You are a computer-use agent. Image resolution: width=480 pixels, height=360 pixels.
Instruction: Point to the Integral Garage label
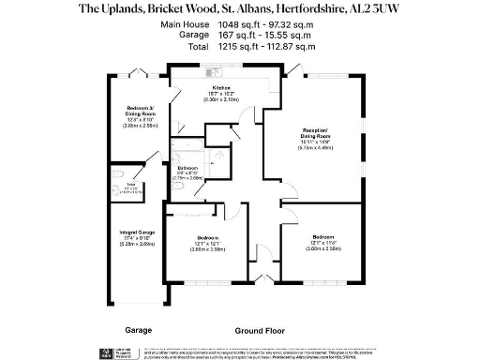coord(137,231)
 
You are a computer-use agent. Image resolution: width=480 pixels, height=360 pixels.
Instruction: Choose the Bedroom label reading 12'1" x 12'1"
coord(208,237)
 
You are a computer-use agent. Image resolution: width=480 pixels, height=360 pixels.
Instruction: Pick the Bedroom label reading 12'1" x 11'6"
coord(323,236)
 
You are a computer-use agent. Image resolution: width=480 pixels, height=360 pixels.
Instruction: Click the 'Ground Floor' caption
coord(260,330)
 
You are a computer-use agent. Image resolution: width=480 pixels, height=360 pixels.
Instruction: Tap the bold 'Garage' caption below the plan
coord(138,330)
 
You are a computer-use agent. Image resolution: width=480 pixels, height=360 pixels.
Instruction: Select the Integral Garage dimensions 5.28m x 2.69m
coord(137,244)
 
